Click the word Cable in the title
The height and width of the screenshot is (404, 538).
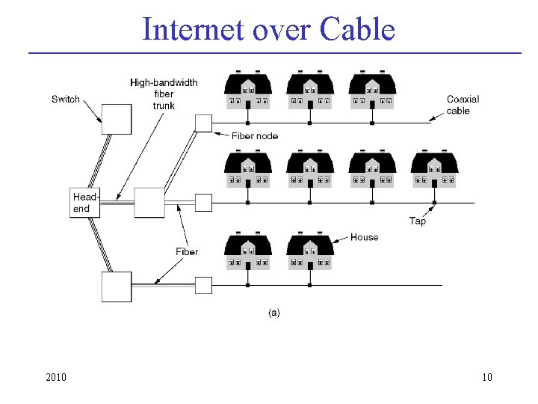(x=356, y=30)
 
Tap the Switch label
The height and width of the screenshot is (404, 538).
(x=66, y=100)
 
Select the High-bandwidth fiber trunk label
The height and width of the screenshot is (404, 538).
(x=164, y=94)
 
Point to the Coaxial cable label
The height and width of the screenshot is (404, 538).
(x=463, y=105)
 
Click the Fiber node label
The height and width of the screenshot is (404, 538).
(x=255, y=135)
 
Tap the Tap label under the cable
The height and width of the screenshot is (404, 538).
(x=418, y=221)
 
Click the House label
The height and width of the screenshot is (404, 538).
(x=365, y=237)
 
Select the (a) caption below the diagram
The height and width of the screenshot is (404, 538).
(x=274, y=313)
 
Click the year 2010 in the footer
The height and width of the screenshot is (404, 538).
(x=56, y=377)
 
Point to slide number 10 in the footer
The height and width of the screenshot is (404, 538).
(x=486, y=377)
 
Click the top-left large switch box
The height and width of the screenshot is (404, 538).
(x=117, y=118)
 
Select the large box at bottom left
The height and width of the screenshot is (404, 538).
(x=117, y=287)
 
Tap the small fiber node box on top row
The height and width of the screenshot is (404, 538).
(x=203, y=123)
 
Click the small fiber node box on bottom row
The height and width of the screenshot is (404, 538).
(x=203, y=285)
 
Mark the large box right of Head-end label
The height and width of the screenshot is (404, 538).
(x=149, y=203)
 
